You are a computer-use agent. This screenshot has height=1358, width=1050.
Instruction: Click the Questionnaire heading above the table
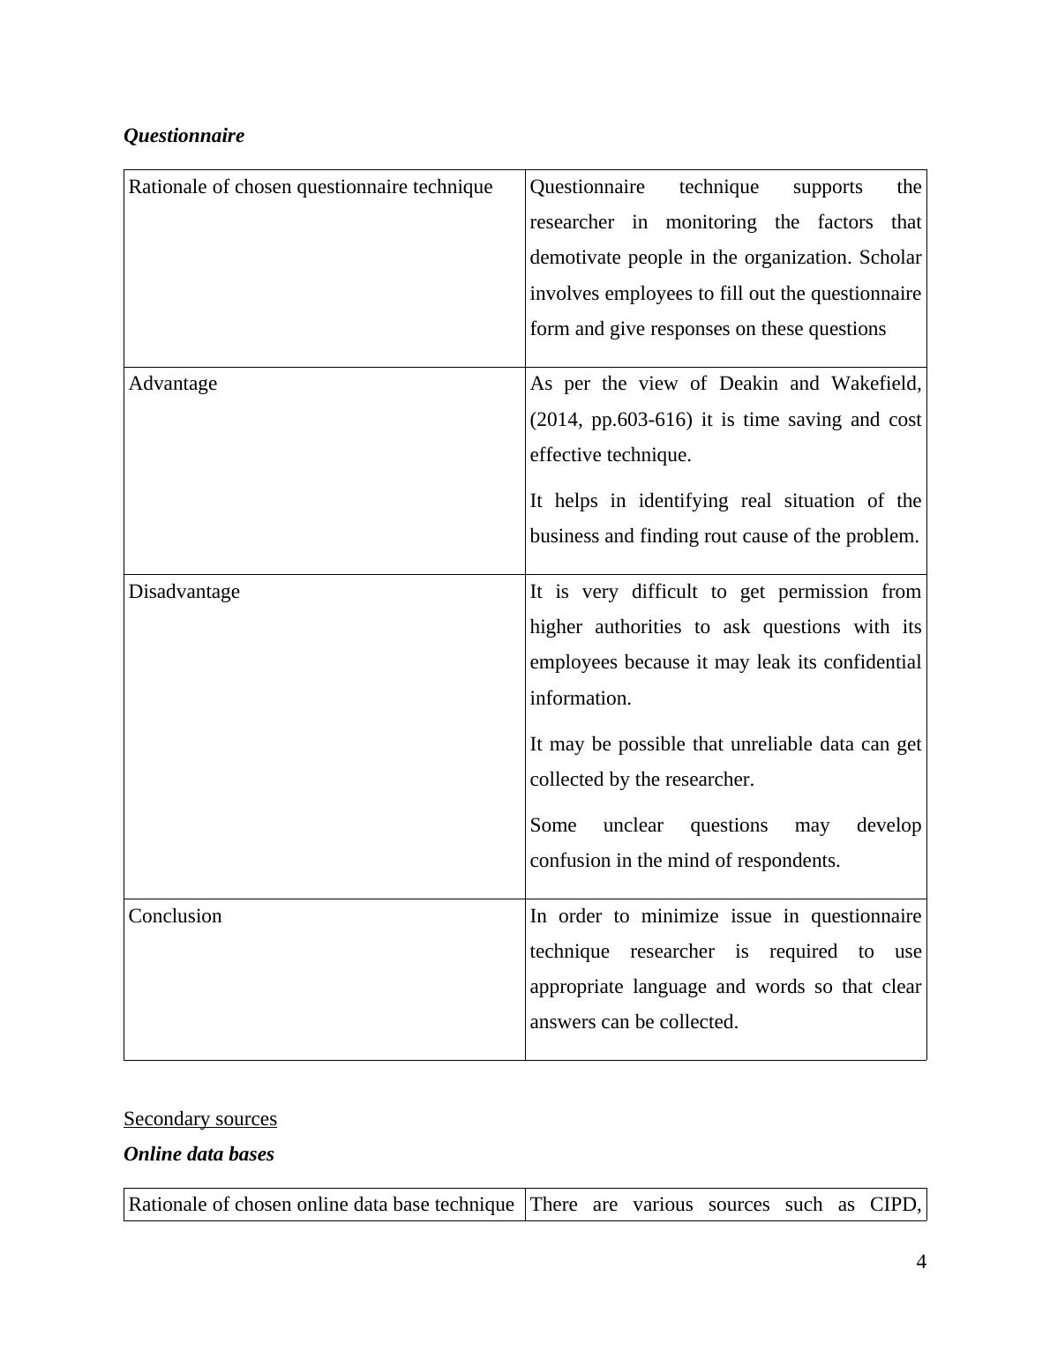pyautogui.click(x=184, y=136)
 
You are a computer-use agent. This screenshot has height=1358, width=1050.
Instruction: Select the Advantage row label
pyautogui.click(x=173, y=384)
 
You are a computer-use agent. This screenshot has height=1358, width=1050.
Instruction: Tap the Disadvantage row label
pyautogui.click(x=184, y=592)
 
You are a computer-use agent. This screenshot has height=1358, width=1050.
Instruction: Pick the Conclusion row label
pyautogui.click(x=175, y=916)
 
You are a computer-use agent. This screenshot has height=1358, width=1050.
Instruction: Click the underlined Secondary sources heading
pyautogui.click(x=200, y=1119)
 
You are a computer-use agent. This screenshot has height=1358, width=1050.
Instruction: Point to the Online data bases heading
pyautogui.click(x=199, y=1154)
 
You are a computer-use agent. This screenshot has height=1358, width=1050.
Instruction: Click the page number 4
pyautogui.click(x=921, y=1262)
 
